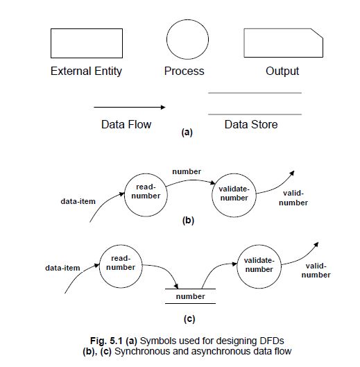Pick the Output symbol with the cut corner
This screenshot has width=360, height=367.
tap(282, 42)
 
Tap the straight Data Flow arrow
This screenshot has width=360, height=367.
tap(129, 108)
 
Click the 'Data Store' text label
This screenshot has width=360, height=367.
tap(251, 125)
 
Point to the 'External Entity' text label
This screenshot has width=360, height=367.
tap(86, 71)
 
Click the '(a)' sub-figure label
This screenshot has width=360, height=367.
tap(186, 132)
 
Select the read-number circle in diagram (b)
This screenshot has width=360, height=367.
tap(146, 192)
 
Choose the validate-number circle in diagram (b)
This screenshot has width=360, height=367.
tap(234, 194)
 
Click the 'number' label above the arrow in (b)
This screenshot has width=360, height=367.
tap(187, 171)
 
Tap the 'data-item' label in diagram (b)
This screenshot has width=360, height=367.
tap(78, 201)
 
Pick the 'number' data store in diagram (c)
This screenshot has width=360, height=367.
tap(190, 296)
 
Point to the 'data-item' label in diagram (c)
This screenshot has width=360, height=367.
tap(62, 267)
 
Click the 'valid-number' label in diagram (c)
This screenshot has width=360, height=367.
tap(316, 270)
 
